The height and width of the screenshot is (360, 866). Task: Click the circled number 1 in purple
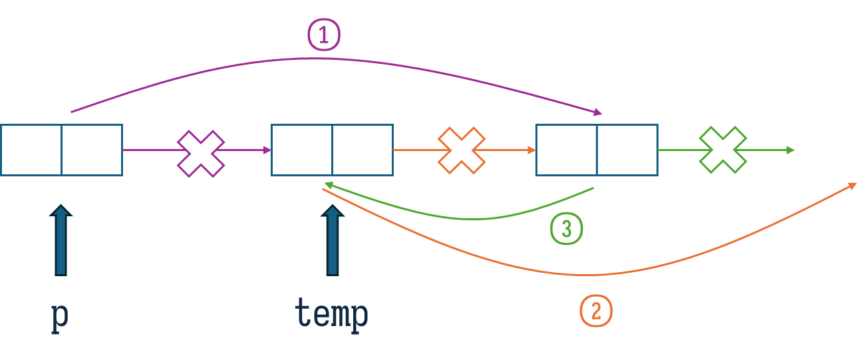point(323,35)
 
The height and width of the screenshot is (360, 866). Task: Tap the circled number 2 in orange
point(596,311)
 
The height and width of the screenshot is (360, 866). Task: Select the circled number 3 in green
point(566,229)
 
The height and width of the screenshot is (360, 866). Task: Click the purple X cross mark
point(201,154)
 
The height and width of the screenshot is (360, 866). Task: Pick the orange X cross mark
point(461,150)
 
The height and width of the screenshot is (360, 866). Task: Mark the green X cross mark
point(723,150)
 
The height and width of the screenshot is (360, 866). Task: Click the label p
point(60,316)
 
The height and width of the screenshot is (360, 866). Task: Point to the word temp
point(331,314)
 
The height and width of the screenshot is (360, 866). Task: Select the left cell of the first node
point(31,150)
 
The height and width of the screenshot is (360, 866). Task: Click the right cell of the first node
point(92,150)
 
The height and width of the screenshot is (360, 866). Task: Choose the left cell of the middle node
point(302,150)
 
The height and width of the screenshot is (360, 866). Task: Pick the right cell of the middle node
point(362,150)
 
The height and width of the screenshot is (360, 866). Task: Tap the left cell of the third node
point(567,150)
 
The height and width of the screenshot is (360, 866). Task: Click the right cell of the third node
point(627,150)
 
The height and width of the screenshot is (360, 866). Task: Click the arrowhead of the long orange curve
point(853,186)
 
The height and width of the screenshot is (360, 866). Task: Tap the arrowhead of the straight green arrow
point(792,150)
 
